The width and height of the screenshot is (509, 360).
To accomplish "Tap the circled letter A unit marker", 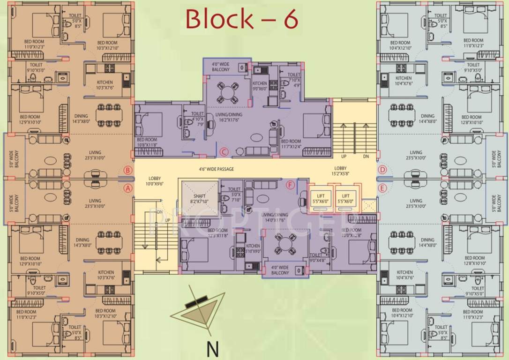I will (127, 188).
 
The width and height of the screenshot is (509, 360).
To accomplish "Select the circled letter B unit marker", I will (127, 170).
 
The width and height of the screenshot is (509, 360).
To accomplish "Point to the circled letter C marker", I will (224, 151).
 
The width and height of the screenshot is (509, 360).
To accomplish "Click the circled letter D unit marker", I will (382, 170).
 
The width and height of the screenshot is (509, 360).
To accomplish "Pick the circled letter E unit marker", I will (382, 188).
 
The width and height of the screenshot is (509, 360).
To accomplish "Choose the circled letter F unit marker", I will (290, 185).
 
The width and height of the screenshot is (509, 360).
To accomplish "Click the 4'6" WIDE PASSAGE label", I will (216, 169).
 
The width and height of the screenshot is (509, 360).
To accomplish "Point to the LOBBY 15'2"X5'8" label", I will (340, 171).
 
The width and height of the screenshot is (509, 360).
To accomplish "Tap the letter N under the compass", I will (213, 349).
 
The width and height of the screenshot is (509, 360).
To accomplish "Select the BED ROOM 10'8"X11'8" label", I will (147, 142).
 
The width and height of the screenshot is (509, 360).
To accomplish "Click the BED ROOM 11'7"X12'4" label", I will (291, 144).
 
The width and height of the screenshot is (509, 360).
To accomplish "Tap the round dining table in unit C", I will (227, 92).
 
